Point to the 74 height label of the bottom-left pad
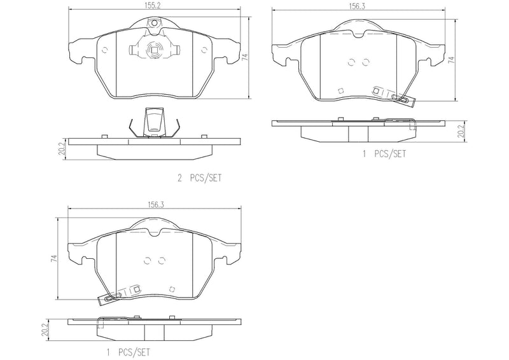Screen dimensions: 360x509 (55, 258)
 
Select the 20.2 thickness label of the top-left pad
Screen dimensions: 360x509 (62, 149)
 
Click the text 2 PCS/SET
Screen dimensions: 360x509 (200, 179)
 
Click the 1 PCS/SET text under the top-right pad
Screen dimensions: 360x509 (384, 154)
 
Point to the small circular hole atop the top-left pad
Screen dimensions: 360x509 (153, 23)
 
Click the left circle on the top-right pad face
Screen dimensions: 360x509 (352, 62)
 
